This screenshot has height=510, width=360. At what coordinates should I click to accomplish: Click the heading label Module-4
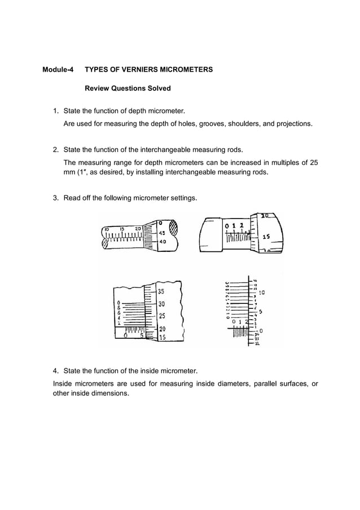pyautogui.click(x=58, y=70)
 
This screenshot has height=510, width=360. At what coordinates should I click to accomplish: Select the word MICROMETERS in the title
pyautogui.click(x=188, y=70)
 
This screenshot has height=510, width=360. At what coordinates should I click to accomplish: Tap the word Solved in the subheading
pyautogui.click(x=159, y=89)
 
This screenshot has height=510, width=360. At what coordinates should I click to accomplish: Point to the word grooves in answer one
pyautogui.click(x=209, y=123)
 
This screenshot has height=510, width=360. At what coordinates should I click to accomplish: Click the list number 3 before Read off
pyautogui.click(x=55, y=198)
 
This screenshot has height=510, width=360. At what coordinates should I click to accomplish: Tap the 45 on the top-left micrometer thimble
pyautogui.click(x=161, y=232)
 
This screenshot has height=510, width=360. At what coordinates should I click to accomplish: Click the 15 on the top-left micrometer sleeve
pyautogui.click(x=121, y=228)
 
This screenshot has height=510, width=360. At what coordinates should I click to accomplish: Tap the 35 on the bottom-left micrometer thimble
pyautogui.click(x=161, y=292)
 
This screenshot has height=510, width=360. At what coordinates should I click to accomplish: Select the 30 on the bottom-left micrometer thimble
pyautogui.click(x=161, y=304)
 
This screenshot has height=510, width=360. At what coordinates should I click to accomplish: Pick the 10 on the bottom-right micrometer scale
pyautogui.click(x=262, y=293)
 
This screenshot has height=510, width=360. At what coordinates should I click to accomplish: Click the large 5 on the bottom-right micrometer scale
pyautogui.click(x=260, y=312)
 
